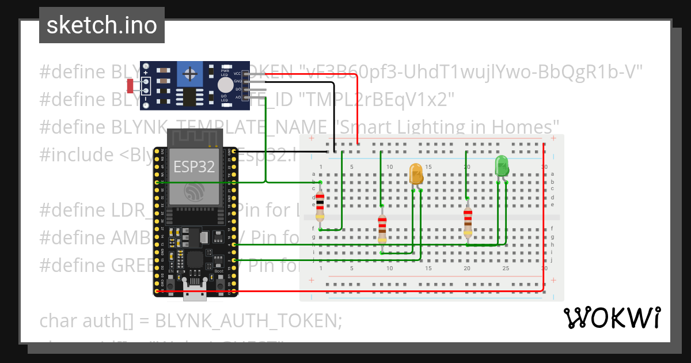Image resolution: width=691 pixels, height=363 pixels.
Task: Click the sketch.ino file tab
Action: [x=101, y=25]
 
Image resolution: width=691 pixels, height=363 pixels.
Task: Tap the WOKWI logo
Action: [x=612, y=317]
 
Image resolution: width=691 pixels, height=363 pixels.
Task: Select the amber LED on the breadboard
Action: [x=416, y=173]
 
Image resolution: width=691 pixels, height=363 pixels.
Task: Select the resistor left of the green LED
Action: [x=468, y=223]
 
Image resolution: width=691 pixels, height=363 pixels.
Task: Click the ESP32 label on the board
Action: [x=195, y=167]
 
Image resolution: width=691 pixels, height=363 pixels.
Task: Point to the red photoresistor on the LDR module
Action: [x=130, y=86]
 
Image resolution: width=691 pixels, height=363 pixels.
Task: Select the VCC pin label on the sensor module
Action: [x=237, y=74]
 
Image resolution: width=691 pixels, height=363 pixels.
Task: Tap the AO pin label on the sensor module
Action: [x=237, y=97]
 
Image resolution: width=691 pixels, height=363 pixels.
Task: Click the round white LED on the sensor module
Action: [x=225, y=86]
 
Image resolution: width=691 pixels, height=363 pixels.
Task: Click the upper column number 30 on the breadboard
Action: [x=544, y=167]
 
